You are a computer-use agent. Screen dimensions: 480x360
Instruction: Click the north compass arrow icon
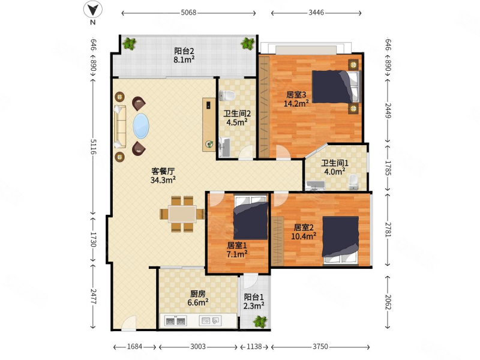click(93, 10)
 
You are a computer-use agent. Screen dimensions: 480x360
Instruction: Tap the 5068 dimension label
click(188, 13)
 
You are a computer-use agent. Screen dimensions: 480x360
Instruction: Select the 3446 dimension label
click(316, 13)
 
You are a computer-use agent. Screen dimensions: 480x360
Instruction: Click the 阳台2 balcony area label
click(184, 51)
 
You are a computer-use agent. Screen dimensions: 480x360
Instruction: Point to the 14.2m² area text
click(296, 104)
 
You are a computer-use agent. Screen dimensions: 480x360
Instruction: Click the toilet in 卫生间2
click(227, 96)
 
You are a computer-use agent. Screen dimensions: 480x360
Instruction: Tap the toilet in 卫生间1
click(353, 182)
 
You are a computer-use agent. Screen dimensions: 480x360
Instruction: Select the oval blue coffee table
click(141, 126)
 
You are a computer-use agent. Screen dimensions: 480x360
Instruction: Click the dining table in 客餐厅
click(182, 214)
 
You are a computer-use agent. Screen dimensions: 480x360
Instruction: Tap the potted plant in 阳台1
click(260, 322)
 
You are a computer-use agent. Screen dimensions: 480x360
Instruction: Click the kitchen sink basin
click(211, 321)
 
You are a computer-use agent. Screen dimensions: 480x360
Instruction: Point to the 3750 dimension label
click(320, 347)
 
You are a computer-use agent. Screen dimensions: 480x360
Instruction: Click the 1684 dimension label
click(134, 347)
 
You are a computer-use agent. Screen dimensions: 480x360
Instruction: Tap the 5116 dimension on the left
click(94, 146)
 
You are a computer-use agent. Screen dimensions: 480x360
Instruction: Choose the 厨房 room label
click(198, 294)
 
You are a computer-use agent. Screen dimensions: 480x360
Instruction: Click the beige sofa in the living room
click(120, 127)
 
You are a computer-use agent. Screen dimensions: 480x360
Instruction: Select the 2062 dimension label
click(388, 302)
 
